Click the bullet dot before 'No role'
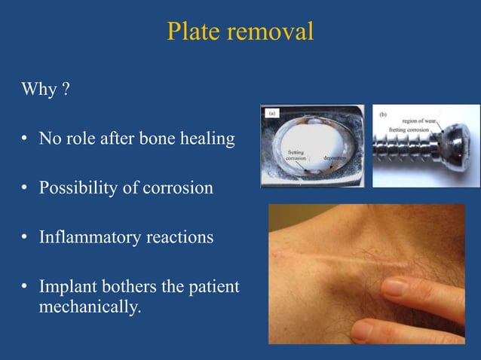coord(25,139)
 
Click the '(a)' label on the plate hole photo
coord(273,113)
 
